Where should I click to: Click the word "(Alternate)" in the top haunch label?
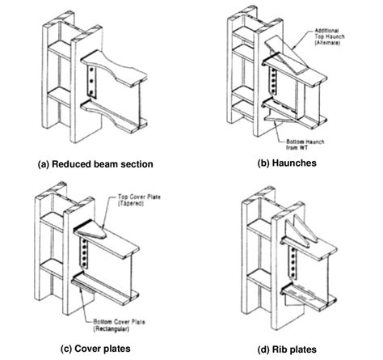point(338,44)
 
